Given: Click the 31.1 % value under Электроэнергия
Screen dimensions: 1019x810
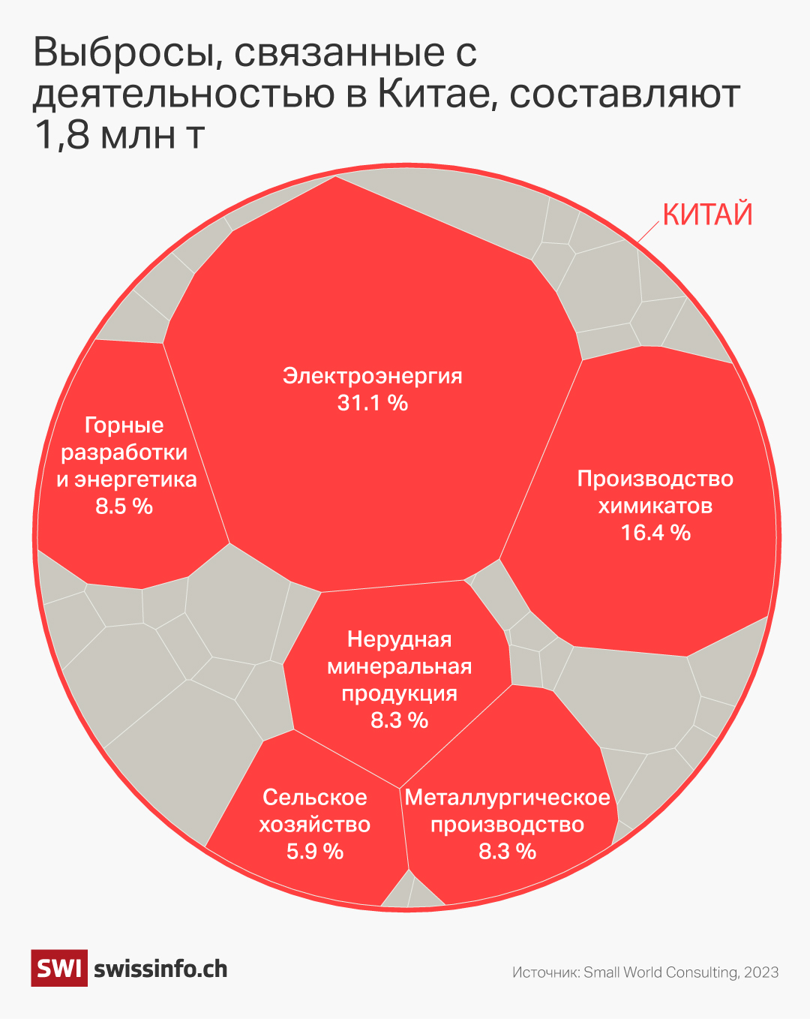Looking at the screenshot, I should point(372,403).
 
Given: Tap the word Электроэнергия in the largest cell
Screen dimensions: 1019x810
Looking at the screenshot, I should point(372,375).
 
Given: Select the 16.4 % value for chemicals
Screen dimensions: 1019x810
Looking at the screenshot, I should point(655,533).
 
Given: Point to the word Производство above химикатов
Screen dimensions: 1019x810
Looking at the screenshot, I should point(655,479).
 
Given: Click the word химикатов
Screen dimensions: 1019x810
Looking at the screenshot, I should point(655,506).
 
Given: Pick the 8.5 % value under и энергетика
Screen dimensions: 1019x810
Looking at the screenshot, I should point(124,506).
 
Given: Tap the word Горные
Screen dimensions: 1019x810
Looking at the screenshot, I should point(124,425).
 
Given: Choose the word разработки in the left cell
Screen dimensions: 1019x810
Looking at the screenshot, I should point(124,452).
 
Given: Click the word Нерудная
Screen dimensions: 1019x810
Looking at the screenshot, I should point(399,639).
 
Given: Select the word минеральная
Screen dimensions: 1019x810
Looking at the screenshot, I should point(399,666).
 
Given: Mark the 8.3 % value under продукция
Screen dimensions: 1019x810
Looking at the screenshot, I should point(399,720).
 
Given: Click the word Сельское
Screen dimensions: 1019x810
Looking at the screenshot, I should point(315,797).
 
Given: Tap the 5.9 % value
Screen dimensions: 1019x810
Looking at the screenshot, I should point(315,851).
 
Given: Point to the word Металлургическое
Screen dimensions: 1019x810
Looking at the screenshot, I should point(507,797).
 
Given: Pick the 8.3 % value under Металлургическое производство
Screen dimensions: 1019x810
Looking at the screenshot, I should point(507,851).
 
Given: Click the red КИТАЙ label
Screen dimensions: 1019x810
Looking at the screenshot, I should point(707,215).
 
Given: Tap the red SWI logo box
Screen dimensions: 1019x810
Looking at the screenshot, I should point(58,968).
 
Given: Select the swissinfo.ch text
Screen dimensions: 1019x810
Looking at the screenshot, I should point(160,969).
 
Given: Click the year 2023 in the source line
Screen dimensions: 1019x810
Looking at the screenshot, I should point(761,972).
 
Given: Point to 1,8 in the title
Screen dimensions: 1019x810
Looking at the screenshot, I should point(61,135).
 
